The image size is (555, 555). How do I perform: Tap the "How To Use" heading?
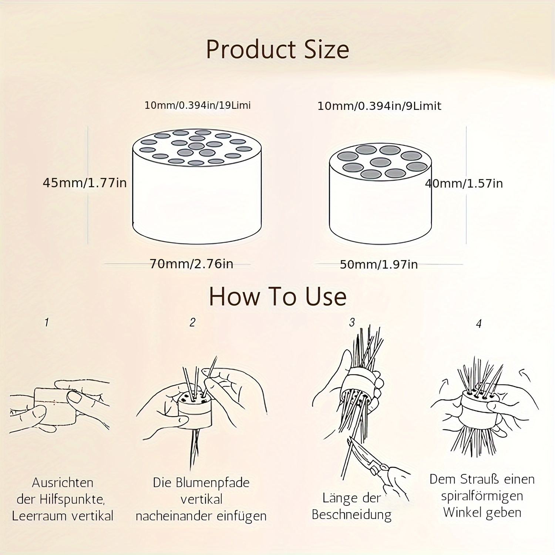pos(277,296)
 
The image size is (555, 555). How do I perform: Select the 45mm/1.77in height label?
pos(85,183)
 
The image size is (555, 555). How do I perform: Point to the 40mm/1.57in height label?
pos(464,184)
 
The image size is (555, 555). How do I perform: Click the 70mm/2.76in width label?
pos(191,264)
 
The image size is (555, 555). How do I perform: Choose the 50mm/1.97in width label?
pos(379,265)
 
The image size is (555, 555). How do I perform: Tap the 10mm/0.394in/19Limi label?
pos(198,105)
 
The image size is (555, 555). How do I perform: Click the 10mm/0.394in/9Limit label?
pos(379,106)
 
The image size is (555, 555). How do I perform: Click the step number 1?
pos(47,322)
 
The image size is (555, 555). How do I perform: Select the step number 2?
pos(192,322)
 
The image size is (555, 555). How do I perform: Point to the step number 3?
pos(352,322)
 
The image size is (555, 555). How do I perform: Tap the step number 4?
pos(479,324)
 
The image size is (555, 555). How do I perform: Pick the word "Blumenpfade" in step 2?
pos(213,483)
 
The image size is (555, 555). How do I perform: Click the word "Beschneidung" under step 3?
pos(351,515)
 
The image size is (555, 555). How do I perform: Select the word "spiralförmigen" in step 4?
pos(482,496)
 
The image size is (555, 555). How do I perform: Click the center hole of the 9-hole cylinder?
pos(381,162)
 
